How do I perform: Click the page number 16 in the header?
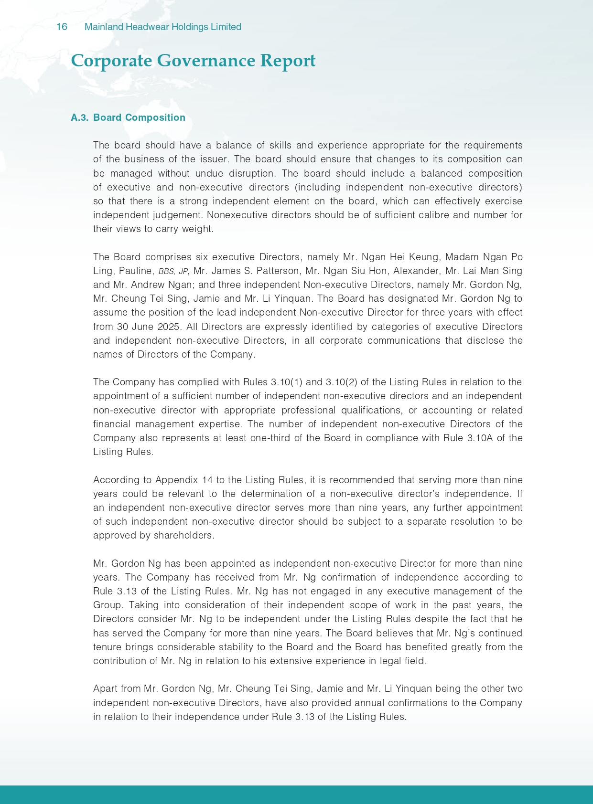click(62, 27)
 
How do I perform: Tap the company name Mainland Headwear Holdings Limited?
click(162, 27)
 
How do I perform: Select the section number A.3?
click(80, 117)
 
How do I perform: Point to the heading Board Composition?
click(139, 117)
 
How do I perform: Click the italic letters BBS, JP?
click(173, 271)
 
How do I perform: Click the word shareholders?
click(184, 535)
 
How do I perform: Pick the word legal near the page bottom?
click(386, 661)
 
